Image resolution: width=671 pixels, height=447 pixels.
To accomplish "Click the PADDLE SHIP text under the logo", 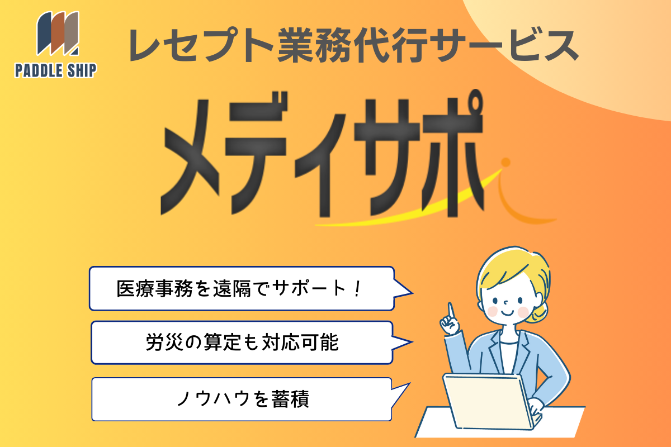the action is click(56, 70).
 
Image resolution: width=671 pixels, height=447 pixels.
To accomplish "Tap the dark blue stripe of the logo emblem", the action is click(44, 34).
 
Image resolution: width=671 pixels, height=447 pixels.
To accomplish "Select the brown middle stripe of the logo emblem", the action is click(58, 33).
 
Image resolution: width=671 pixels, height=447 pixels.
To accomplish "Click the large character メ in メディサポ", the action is click(190, 157).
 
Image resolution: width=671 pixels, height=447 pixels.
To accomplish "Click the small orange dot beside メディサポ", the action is click(506, 162).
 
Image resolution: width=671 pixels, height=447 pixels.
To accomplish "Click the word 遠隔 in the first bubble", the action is click(231, 289).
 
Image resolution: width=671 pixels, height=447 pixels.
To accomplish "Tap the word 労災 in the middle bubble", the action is click(164, 342).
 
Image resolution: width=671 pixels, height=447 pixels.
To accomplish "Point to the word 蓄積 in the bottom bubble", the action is click(290, 399).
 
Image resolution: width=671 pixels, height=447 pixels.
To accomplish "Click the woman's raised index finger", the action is click(451, 311).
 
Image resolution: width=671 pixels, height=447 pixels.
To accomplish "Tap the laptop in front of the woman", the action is click(492, 402).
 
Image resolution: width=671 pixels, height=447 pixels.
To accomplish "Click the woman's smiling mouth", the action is click(508, 313).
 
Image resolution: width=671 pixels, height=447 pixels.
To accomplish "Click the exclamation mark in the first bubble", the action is click(357, 288).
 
